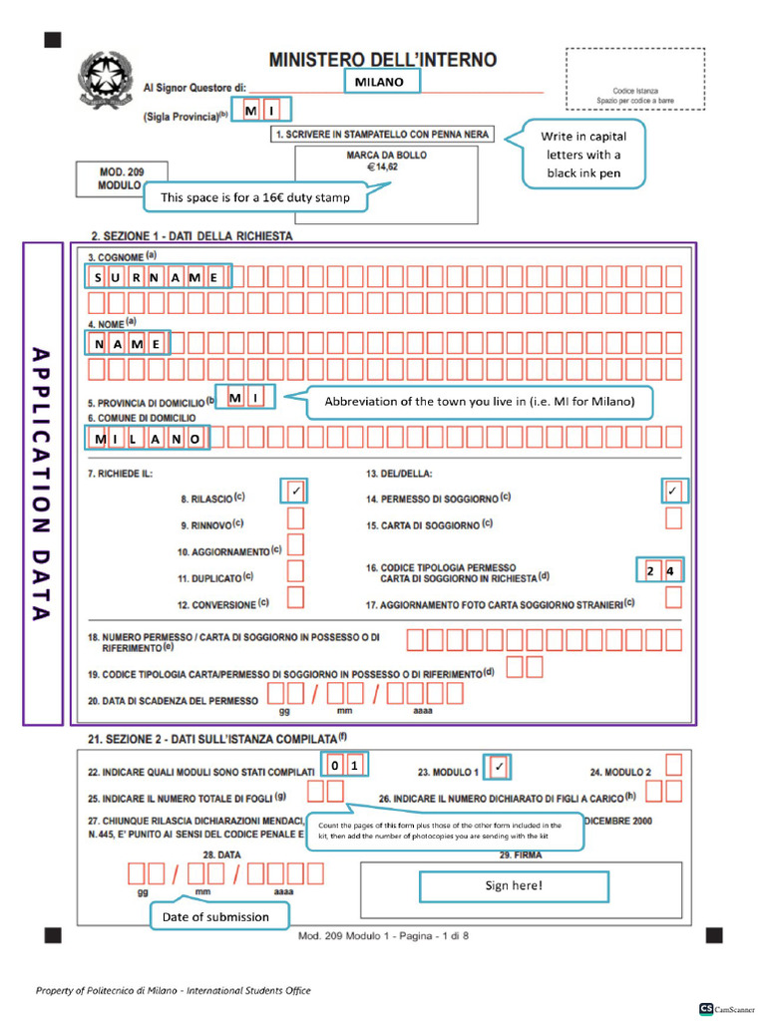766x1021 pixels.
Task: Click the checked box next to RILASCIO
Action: pos(296,491)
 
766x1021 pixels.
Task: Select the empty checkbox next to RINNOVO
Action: pos(296,518)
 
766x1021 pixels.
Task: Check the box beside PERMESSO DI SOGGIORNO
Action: pos(673,491)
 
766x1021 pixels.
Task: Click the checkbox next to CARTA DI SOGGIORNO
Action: pos(673,518)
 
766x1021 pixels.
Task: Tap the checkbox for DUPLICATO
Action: pos(296,570)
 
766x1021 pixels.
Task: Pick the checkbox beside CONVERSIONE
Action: pos(296,597)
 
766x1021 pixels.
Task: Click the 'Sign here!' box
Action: pos(514,885)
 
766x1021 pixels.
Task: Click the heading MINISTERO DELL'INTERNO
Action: pos(382,60)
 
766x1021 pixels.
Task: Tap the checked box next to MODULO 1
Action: pos(500,767)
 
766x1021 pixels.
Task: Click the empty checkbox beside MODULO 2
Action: pos(674,766)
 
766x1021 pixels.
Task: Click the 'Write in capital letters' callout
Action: pos(582,155)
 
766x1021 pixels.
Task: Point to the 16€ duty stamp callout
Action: pos(255,197)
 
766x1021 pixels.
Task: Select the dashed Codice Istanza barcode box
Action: pos(634,80)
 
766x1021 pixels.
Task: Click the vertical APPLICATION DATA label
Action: pos(41,484)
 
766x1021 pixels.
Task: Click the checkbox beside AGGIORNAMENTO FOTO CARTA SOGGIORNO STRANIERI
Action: pos(673,597)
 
